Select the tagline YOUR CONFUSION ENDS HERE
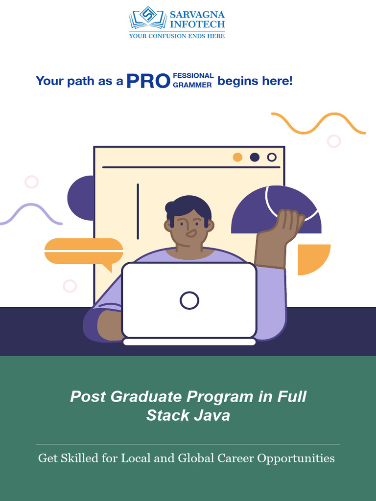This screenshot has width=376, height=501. point(177,35)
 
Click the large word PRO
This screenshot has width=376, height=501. point(148,81)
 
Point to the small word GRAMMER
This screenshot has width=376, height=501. point(192,85)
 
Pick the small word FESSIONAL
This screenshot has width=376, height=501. point(193,76)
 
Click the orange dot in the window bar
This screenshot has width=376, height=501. point(237,157)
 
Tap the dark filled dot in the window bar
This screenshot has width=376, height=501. point(255,157)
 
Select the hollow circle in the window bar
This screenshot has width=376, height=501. point(272,157)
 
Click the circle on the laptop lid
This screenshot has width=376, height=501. point(189,300)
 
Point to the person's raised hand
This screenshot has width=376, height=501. point(287,222)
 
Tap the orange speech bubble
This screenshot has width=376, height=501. point(84,251)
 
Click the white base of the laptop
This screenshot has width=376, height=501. point(189,342)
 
